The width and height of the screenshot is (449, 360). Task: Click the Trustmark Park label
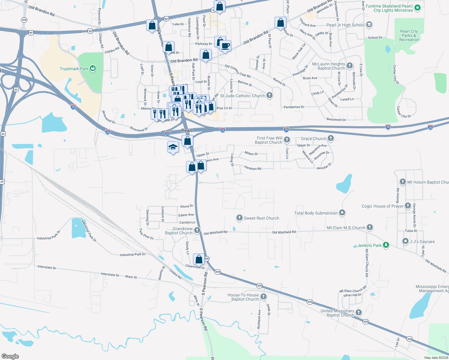74,69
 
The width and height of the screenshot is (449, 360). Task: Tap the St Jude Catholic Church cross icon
270,95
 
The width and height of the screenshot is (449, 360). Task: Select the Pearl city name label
187,130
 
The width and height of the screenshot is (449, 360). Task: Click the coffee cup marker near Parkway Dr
225,46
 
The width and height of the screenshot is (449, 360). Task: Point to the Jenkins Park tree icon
386,245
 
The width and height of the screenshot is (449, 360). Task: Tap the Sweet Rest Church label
261,218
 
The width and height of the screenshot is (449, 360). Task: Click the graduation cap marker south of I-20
173,147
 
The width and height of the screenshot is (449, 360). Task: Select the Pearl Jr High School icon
369,25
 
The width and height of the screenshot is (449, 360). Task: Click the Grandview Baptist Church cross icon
197,230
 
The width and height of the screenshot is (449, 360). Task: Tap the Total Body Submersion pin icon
342,213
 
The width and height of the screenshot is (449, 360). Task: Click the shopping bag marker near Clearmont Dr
199,259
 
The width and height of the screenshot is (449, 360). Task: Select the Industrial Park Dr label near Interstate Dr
133,254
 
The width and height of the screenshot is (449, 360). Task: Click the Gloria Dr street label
186,206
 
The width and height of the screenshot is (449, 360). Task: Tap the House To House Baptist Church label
243,297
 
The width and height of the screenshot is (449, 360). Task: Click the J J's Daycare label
422,241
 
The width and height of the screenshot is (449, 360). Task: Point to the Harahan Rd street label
253,168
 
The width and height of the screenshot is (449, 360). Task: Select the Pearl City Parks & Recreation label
409,35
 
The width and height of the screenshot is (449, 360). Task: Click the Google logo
10,356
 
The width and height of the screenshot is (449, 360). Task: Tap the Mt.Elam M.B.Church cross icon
370,227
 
